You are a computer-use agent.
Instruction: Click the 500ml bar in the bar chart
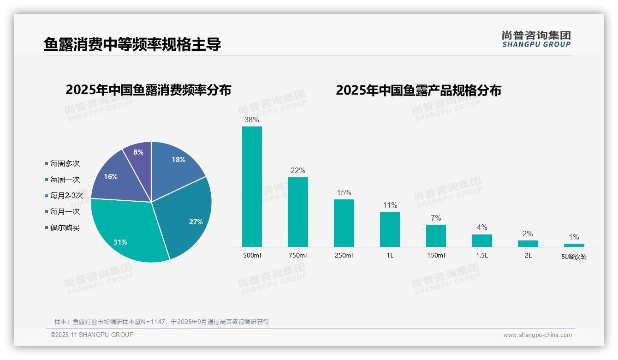(x=252, y=186)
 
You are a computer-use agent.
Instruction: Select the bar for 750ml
(x=297, y=212)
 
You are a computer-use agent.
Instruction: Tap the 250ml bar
(x=344, y=223)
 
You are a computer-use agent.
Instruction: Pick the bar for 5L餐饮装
(x=574, y=245)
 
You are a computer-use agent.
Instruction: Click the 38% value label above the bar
(x=252, y=120)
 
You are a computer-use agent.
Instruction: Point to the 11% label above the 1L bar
(x=390, y=205)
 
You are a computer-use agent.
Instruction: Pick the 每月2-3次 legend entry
(x=66, y=196)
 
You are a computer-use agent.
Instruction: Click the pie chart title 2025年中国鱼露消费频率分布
(x=148, y=90)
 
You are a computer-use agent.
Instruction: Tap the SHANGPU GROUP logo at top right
(x=536, y=39)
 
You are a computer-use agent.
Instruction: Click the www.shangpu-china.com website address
(x=537, y=335)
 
